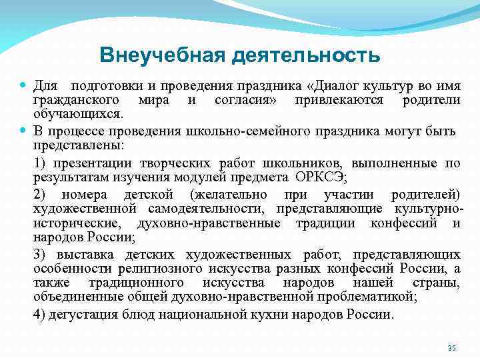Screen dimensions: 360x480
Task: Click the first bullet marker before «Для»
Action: [x=24, y=86]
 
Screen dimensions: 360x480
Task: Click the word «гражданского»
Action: [x=75, y=101]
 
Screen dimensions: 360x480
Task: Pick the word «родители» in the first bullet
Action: [x=431, y=101]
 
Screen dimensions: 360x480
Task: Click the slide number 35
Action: [x=451, y=348]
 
